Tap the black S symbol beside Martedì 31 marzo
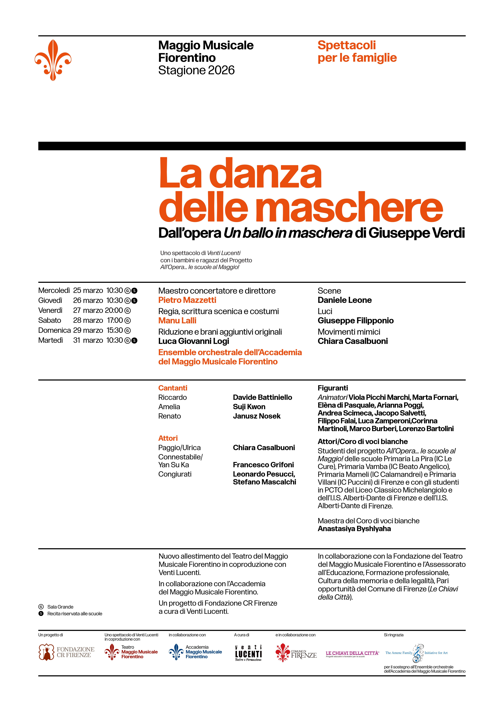pos(134,341)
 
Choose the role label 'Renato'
pos(169,416)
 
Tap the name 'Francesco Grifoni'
pos(263,465)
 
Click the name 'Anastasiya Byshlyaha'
pos(354,529)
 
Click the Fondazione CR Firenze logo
pos(66,652)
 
